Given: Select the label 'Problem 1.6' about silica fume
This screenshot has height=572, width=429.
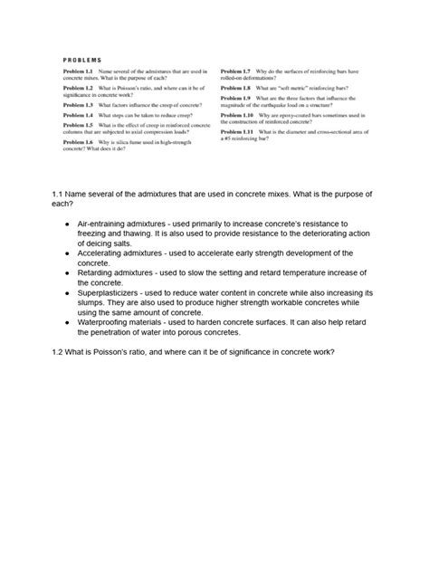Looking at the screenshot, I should [x=79, y=142].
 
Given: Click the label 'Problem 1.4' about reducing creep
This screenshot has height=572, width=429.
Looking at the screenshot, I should [x=79, y=116].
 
